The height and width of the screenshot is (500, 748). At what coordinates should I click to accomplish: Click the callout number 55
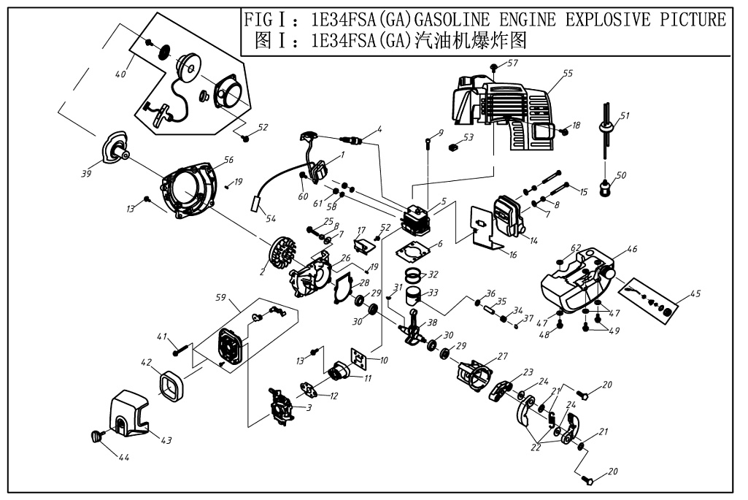pos(568,74)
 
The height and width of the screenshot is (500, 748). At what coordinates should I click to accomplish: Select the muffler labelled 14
pos(507,213)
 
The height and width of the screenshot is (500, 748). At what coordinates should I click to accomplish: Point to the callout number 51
pos(625,115)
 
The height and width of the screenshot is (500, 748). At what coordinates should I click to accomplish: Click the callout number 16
pos(512,255)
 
